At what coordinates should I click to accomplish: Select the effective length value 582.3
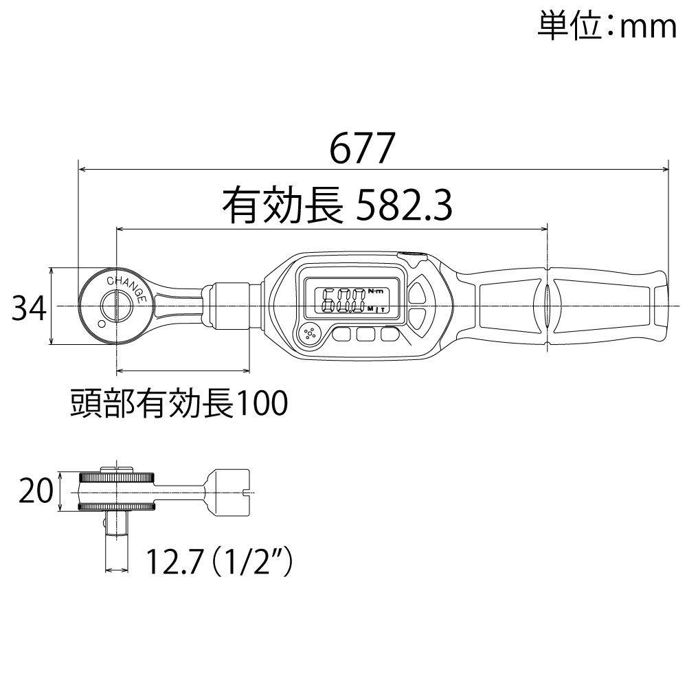click(404, 205)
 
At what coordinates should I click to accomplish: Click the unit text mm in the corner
click(648, 27)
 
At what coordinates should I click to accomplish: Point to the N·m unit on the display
click(374, 291)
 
